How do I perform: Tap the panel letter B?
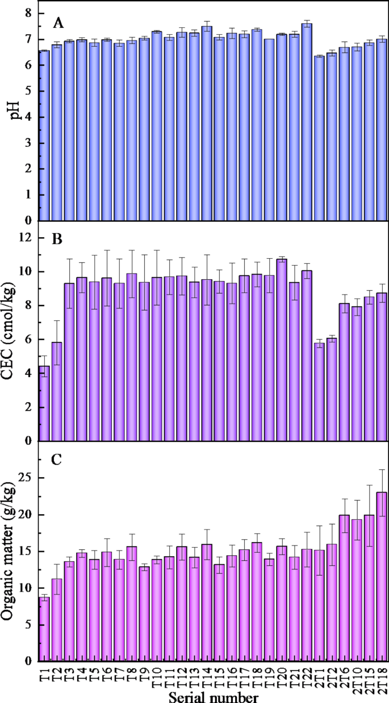click(57, 238)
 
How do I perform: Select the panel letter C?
click(57, 460)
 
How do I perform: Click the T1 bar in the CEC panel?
click(44, 403)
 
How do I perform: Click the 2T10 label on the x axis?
click(357, 677)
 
